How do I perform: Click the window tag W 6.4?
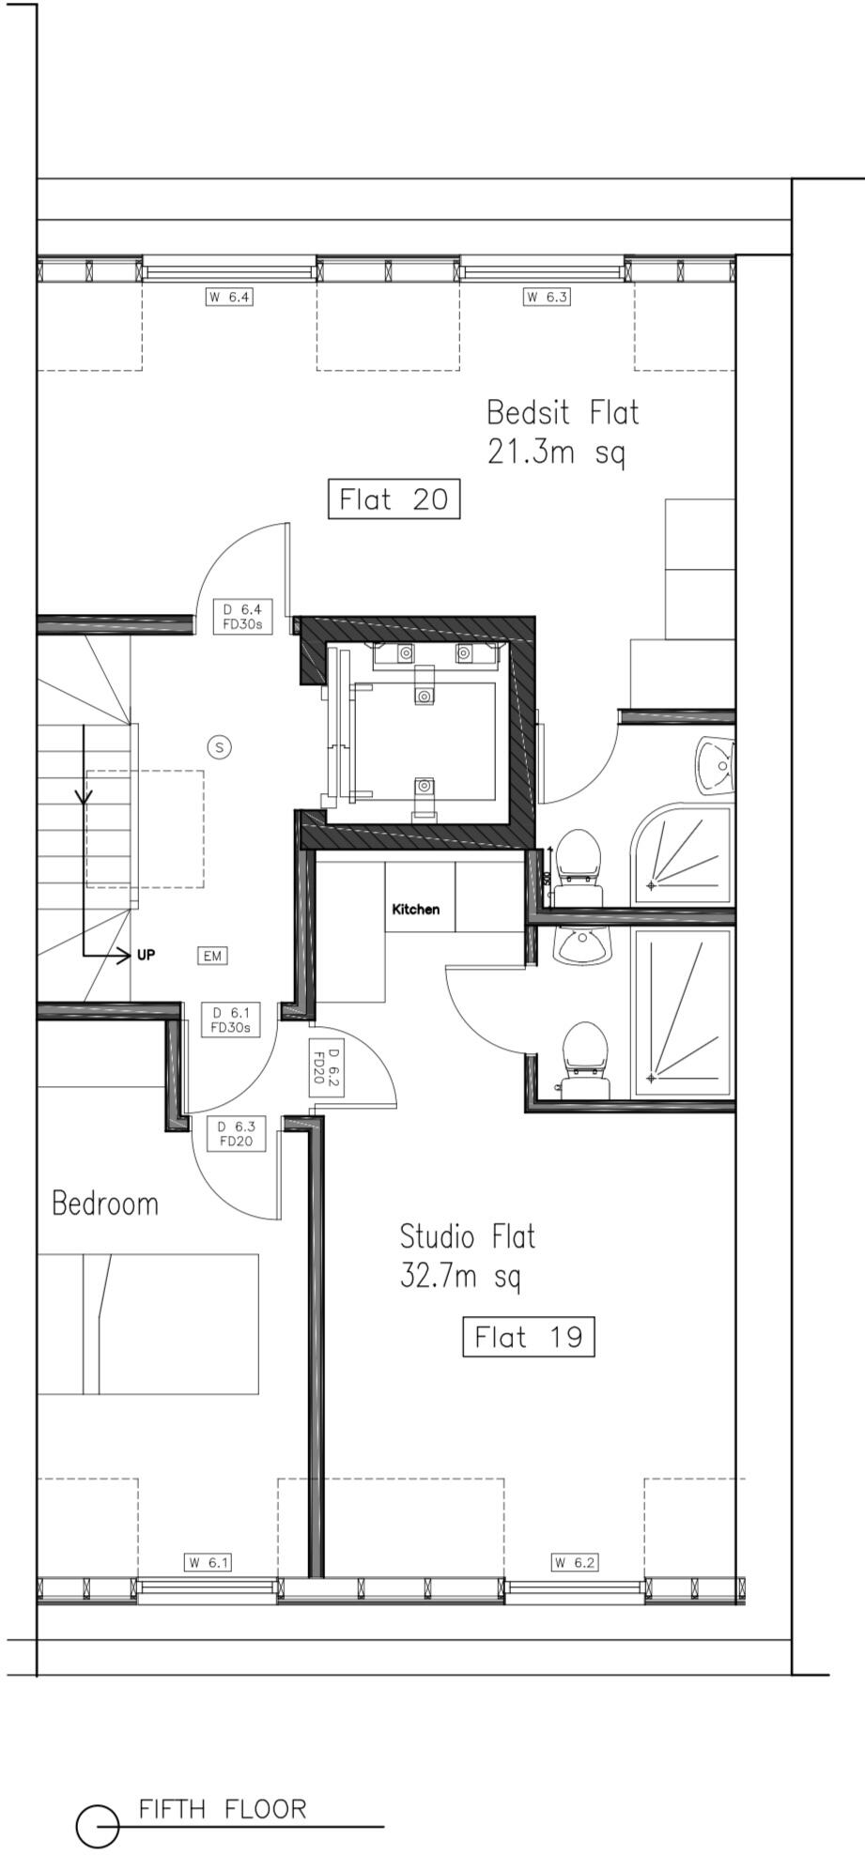pos(230,298)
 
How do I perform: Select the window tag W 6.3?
pos(547,298)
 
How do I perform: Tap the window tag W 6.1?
pos(207,1563)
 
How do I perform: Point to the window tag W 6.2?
pos(574,1563)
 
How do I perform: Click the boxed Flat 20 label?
pos(394,498)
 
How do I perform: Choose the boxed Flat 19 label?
pos(529,1336)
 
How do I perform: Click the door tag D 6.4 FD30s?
pos(242,616)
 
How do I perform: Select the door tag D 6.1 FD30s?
pos(230,1020)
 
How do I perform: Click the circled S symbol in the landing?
pos(219,747)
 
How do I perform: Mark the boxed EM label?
pos(212,956)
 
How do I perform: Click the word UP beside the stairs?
pos(146,955)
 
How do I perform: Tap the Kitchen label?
pos(415,909)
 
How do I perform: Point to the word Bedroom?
pos(105,1203)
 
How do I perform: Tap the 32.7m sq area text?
pos(460,1277)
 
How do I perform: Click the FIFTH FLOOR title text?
pos(223,1808)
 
